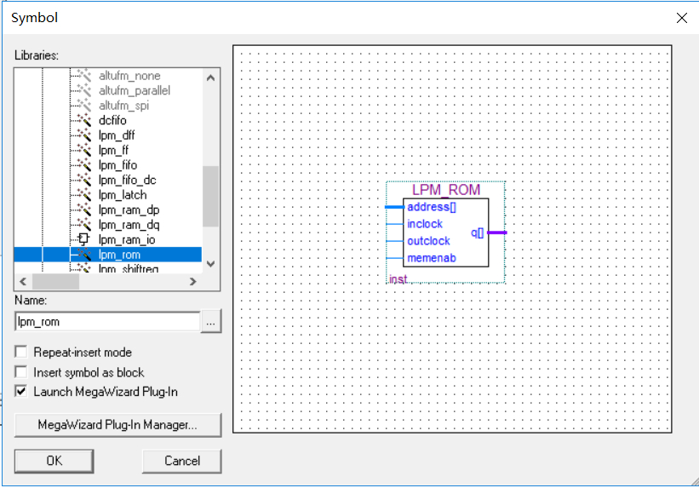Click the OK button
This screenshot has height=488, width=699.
click(x=54, y=461)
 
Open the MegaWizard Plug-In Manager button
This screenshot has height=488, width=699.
click(x=117, y=424)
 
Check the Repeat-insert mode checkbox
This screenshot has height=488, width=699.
click(x=21, y=352)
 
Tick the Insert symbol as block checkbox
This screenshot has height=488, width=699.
click(x=21, y=372)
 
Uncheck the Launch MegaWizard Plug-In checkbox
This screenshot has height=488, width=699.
click(x=21, y=392)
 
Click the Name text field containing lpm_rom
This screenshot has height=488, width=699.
click(x=106, y=322)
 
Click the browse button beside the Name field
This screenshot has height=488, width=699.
click(x=211, y=322)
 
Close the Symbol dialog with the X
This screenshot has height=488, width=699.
click(x=681, y=18)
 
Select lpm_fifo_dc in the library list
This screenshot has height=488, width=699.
click(x=127, y=180)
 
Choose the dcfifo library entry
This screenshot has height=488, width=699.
click(x=112, y=120)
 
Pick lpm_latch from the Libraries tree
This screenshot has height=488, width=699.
click(x=122, y=195)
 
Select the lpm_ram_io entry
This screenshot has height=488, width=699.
click(x=126, y=239)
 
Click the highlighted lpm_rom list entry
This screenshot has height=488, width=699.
click(x=119, y=254)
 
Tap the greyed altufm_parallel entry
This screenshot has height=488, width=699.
click(x=134, y=90)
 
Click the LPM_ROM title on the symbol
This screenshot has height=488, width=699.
click(x=445, y=190)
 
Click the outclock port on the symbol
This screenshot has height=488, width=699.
click(x=428, y=241)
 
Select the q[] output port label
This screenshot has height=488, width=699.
click(x=477, y=232)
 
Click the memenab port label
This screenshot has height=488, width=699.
click(x=431, y=258)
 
